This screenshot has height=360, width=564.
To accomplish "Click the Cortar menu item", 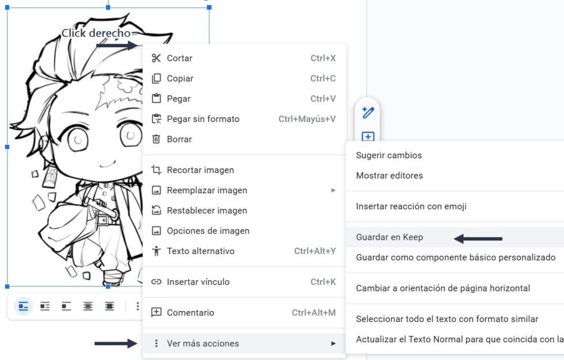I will [180, 58].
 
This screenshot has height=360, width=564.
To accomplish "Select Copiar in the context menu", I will [180, 78].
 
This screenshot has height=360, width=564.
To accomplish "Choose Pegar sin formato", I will [203, 119].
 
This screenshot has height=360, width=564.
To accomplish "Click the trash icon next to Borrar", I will [156, 139].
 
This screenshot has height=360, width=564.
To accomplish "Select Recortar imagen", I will [200, 170].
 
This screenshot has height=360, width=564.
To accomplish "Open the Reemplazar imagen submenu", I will [207, 190].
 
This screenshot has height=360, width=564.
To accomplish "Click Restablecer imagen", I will [207, 210].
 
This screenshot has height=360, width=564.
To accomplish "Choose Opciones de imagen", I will [208, 231].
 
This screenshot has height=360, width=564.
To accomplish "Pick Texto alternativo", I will [200, 251].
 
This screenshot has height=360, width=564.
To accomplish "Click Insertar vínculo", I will [198, 282].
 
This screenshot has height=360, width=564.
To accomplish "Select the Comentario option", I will [190, 313].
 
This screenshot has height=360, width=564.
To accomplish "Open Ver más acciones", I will [203, 343].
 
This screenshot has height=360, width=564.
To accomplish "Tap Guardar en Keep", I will [390, 238].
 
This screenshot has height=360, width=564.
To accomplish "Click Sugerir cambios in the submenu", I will [389, 155].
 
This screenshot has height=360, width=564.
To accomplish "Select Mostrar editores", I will [390, 175].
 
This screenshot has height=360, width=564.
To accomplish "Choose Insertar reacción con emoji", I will [411, 206].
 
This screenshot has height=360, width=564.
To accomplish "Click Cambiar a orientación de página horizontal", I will [443, 288].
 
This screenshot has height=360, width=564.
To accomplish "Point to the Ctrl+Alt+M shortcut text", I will [314, 313].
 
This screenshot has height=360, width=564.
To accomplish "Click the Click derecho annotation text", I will [96, 33].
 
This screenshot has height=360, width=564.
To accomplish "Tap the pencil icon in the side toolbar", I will [368, 112].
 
